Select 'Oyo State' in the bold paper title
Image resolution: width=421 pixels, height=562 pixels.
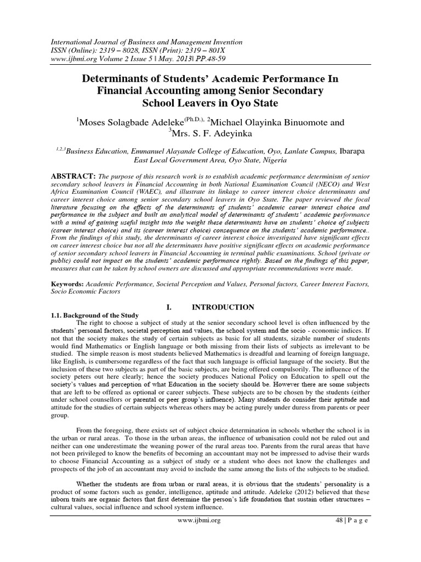point(242,103)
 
